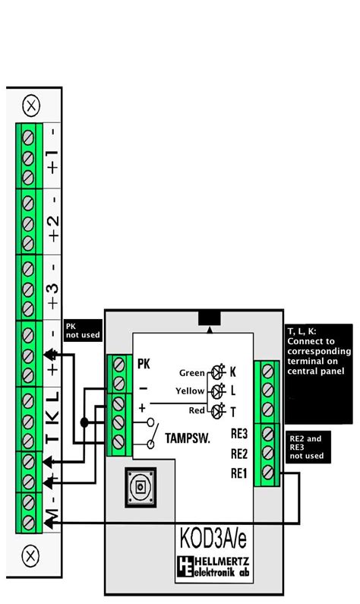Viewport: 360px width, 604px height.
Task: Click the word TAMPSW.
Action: point(186,438)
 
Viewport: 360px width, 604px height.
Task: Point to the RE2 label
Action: point(238,454)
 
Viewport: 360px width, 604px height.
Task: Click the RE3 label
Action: point(238,435)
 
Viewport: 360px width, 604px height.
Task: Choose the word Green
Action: point(192,373)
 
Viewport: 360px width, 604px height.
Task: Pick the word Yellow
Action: point(191,391)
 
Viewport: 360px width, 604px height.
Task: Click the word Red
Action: point(197,410)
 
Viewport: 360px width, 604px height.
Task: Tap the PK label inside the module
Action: point(144,365)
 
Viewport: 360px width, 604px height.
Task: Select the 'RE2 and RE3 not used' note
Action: point(307,447)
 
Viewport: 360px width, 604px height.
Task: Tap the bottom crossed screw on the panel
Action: point(31,555)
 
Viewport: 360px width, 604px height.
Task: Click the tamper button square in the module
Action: point(140,487)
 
